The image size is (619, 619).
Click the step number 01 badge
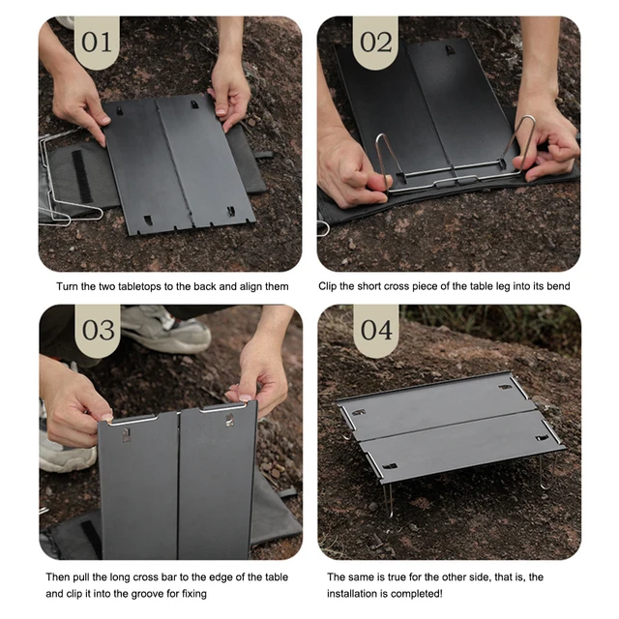[97, 42]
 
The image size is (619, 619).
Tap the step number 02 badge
[376, 42]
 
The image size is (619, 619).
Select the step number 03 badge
[97, 330]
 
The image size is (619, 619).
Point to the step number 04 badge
[376, 330]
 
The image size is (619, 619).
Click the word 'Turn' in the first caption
[69, 287]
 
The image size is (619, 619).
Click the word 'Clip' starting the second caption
[331, 287]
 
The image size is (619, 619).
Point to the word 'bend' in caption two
[556, 287]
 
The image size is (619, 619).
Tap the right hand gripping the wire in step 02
[546, 135]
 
